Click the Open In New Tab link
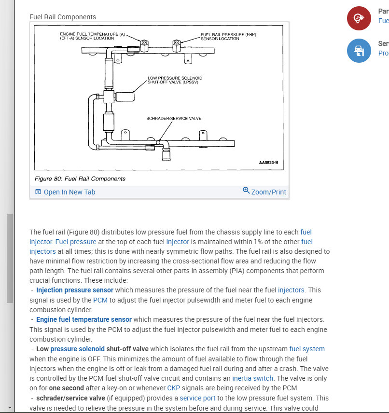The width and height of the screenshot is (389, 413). (x=65, y=192)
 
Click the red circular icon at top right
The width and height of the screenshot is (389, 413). (x=359, y=19)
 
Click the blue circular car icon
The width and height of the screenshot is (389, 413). (x=359, y=51)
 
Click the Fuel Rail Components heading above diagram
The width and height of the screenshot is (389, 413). (x=63, y=17)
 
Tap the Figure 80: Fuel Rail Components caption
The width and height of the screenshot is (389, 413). (x=80, y=179)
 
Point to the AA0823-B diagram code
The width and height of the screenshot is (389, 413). (x=268, y=163)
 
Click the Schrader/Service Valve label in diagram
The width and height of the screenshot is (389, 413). (x=174, y=118)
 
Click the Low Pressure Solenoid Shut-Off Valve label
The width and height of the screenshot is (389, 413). (x=175, y=80)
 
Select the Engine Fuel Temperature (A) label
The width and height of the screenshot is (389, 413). (x=92, y=36)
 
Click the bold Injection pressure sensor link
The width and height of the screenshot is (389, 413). (x=75, y=290)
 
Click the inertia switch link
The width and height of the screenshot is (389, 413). (x=252, y=378)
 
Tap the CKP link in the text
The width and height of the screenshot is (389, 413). (x=173, y=388)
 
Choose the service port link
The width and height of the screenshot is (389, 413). (x=198, y=398)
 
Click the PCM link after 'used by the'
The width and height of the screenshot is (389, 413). (x=100, y=300)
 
